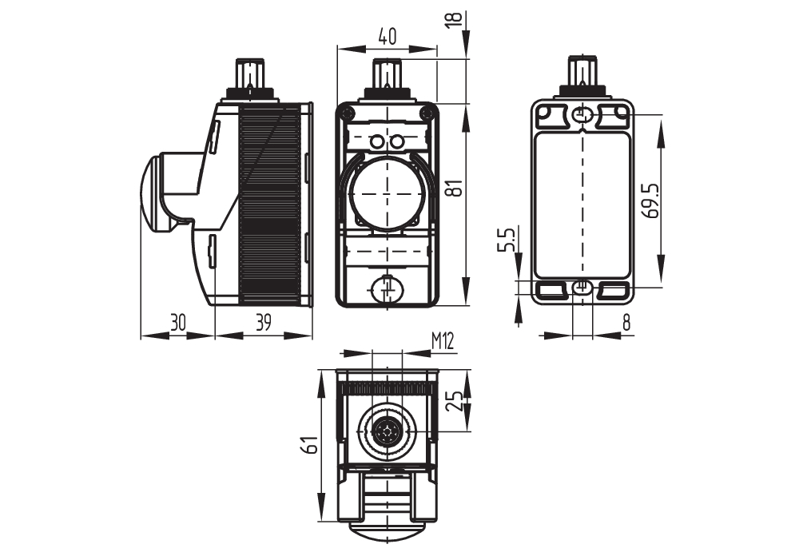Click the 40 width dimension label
tap(388, 36)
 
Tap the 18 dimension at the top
tap(456, 18)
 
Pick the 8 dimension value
tap(626, 323)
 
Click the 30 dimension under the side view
tap(178, 323)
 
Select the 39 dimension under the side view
tap(263, 323)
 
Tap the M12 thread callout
tap(443, 341)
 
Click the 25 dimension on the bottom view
tap(456, 401)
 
